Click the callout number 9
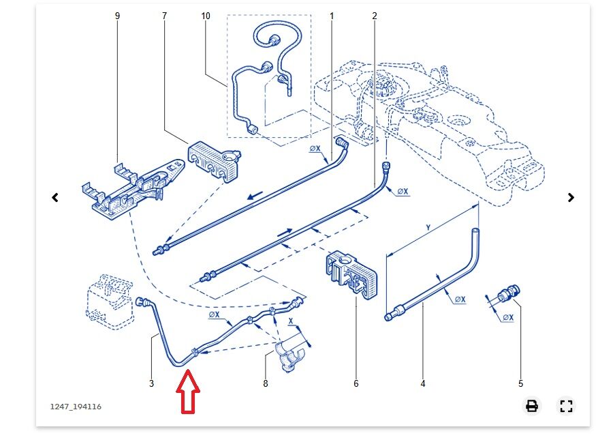click(117, 15)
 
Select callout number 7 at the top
click(164, 15)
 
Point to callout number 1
click(332, 15)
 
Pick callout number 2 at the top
click(375, 15)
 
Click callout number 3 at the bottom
click(151, 384)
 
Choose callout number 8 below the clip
click(266, 384)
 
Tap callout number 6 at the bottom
click(356, 384)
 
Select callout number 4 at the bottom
click(423, 384)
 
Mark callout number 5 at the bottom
click(521, 384)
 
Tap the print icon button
click(532, 407)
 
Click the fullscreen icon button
click(565, 407)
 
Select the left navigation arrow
click(55, 198)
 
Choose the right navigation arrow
click(571, 198)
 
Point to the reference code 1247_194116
click(76, 407)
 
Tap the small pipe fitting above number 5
click(507, 295)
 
